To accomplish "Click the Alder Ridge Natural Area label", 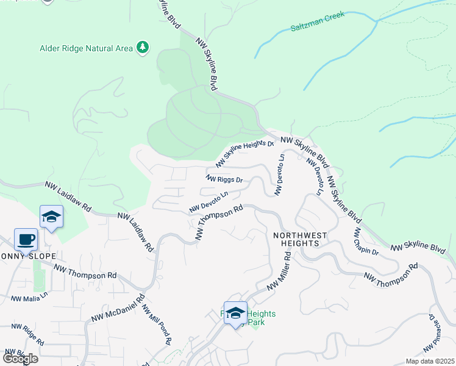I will pos(86,48).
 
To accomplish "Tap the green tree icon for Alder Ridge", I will pos(143,48).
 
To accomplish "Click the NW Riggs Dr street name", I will pos(225,179).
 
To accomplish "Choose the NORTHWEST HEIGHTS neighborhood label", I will pos(300,239).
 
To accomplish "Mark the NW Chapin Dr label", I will pos(366,242).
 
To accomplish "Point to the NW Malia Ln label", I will pos(29,299).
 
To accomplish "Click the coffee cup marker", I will pos(26,240).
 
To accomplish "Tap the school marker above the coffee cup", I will pos(52,217).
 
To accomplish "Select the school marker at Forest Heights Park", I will pos(235,313).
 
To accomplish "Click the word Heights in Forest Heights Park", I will pos(261,314).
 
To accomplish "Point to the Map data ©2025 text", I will pos(430,361).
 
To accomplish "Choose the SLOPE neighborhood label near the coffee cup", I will pos(41,256).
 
